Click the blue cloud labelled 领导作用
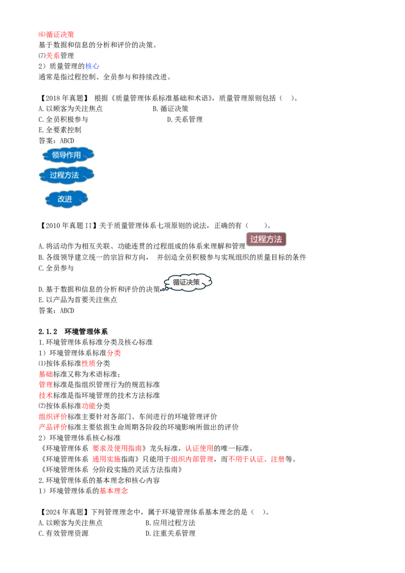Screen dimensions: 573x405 point(67,155)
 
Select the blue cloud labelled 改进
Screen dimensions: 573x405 point(66,199)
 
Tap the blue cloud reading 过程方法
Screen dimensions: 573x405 point(66,175)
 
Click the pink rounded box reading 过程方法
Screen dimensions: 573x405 point(266,239)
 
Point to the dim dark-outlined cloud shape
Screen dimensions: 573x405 point(187,282)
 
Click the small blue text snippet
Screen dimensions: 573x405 point(92,66)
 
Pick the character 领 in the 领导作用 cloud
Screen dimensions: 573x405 point(56,155)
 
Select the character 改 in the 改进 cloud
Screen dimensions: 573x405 point(61,199)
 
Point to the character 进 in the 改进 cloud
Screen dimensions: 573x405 point(69,199)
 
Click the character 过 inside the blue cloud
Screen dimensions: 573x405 point(53,176)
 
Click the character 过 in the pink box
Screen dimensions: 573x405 point(254,239)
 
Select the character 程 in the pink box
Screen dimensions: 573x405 point(262,239)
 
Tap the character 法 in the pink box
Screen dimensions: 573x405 point(278,239)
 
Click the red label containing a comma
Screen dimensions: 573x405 point(257,460)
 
